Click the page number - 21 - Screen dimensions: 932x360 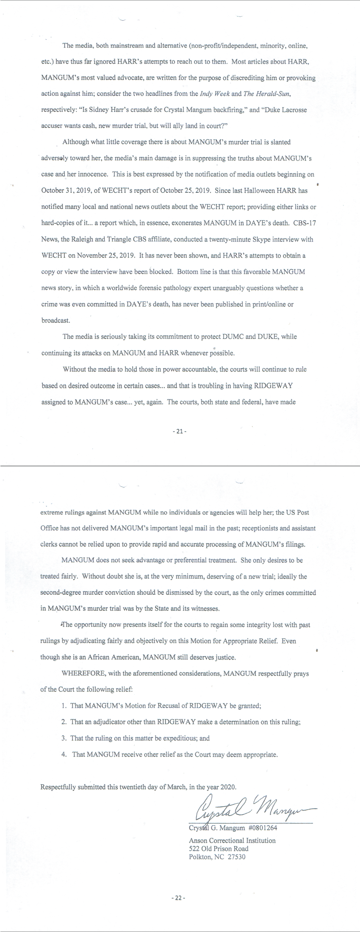tap(180, 432)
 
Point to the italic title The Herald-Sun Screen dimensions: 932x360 tap(260, 94)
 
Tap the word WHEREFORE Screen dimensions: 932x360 tap(80, 674)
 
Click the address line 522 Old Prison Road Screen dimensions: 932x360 tap(219, 849)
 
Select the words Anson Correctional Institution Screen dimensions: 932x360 tap(232, 840)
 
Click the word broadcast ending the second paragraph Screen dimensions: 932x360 tap(55, 320)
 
